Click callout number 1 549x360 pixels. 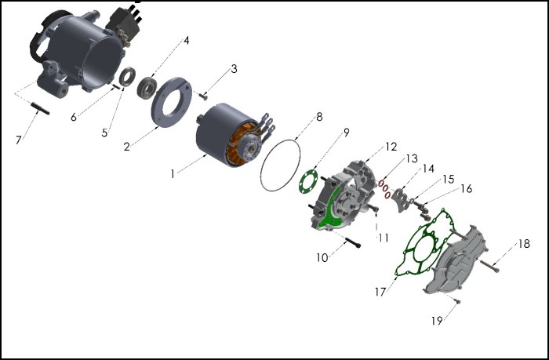pos(173,173)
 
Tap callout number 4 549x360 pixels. pos(186,40)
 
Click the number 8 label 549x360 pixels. pos(319,117)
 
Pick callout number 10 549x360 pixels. pos(322,257)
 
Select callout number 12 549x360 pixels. pos(391,147)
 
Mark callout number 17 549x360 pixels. pos(380,292)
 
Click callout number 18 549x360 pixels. pos(524,244)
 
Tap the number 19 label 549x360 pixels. pos(438,320)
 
